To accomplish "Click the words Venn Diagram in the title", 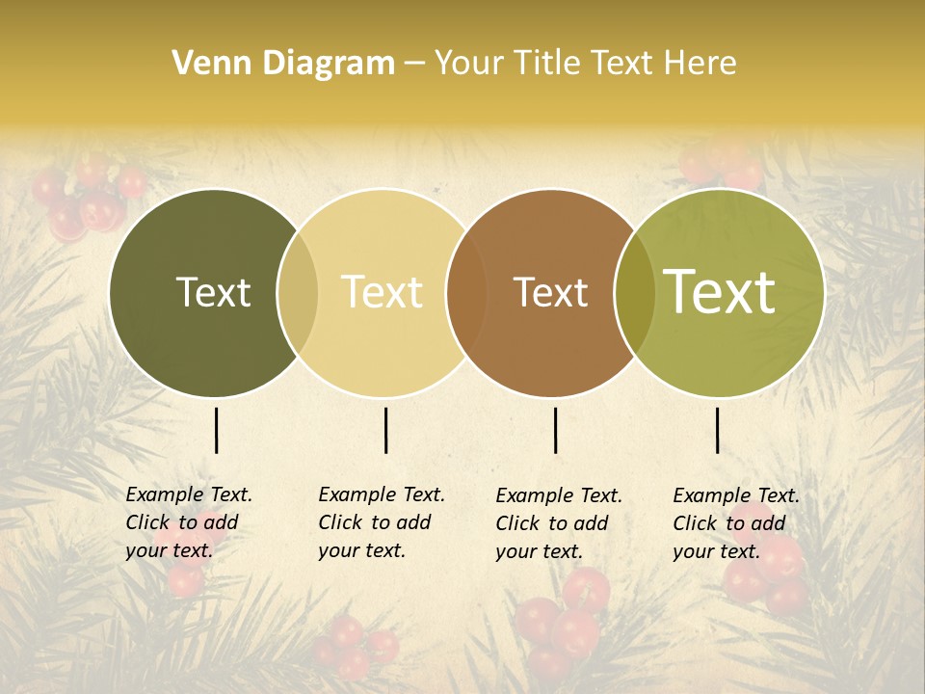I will (x=283, y=64).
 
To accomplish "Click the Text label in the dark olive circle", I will (x=213, y=292).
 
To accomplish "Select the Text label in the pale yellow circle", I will (x=383, y=292).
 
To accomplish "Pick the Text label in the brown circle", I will (x=550, y=292).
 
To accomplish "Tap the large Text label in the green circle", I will (x=720, y=291).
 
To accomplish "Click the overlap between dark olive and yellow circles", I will (x=298, y=293).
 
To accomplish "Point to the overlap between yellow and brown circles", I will (x=466, y=293).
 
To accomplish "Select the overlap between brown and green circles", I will (x=635, y=293).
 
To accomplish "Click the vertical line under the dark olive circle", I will (x=216, y=430).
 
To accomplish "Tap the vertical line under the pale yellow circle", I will (x=385, y=430).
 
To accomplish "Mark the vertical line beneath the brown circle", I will (x=556, y=430).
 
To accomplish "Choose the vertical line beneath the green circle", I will (x=718, y=430).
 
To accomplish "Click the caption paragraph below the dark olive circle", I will (x=189, y=522).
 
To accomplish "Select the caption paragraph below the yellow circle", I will (x=382, y=522).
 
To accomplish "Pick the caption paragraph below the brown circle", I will (x=559, y=523).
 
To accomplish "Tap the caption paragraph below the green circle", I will (x=736, y=523).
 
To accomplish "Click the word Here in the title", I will (x=700, y=64).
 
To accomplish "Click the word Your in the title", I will (x=469, y=64).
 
